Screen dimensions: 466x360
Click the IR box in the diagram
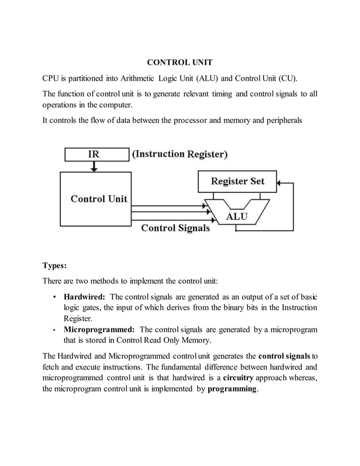96,154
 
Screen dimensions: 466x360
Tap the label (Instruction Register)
179,154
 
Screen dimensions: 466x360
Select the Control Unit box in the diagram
98,199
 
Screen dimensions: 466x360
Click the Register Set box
237,182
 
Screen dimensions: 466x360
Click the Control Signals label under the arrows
175,228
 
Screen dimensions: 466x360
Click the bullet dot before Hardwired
53,297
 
